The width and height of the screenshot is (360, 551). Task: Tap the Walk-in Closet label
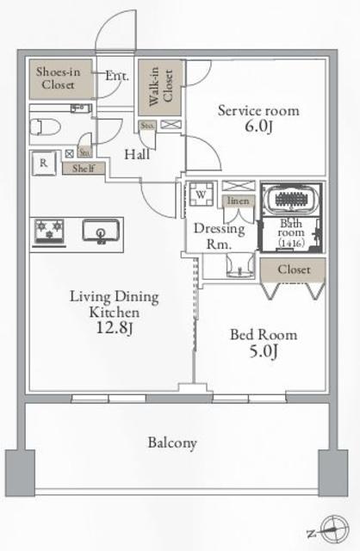coord(161,85)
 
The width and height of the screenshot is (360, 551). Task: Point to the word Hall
coord(134,156)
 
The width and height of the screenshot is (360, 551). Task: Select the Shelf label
coord(83,169)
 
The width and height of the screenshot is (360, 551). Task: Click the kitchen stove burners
coord(49,231)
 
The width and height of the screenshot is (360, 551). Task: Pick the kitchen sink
coord(101,231)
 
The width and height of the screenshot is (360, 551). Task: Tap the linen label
coord(239,201)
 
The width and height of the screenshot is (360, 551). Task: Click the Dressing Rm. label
coord(218,236)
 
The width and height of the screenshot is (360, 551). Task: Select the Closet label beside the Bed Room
coord(294,269)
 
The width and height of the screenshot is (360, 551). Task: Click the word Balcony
coord(172,443)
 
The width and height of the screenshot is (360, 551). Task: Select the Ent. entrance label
coord(117,76)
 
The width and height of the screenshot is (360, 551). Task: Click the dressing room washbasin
coord(232,269)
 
